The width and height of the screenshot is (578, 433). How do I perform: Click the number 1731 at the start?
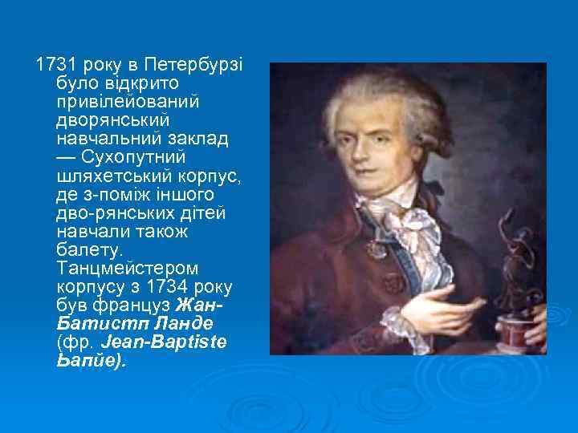[49, 64]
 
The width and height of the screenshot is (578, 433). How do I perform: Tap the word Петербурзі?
[181, 64]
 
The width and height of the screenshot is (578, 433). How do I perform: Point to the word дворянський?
[113, 120]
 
